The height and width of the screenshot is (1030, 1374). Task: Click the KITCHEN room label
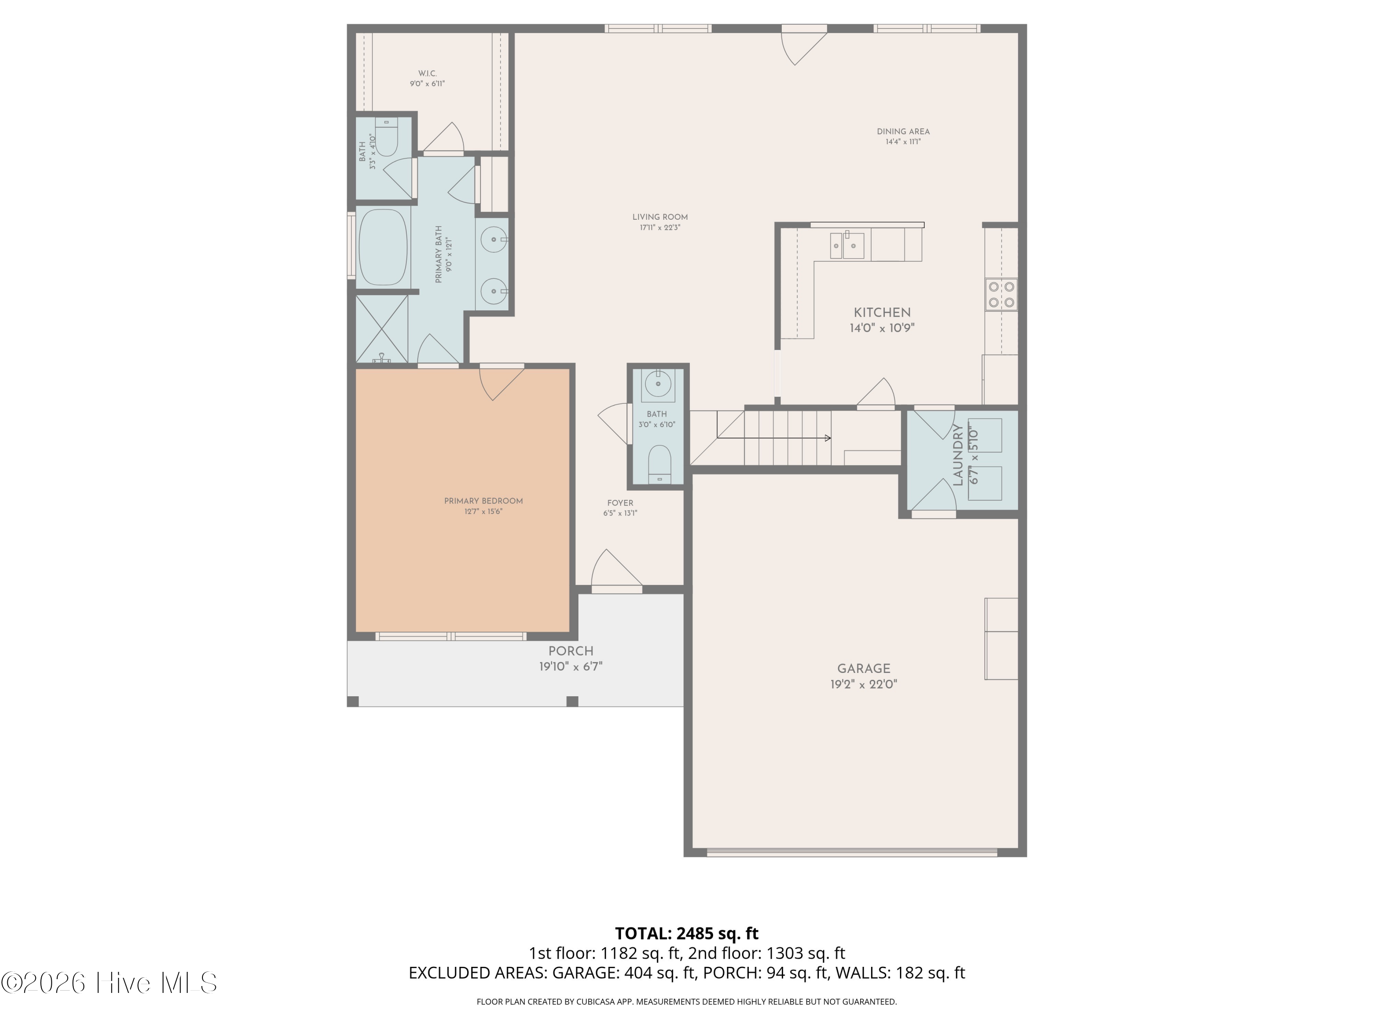(882, 313)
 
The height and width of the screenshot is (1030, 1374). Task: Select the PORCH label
(571, 651)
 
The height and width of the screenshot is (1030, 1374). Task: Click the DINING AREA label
(903, 132)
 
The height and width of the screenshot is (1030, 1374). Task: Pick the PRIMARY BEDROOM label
(483, 501)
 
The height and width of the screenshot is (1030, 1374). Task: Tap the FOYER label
(621, 503)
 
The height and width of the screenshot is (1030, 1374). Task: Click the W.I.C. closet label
(427, 74)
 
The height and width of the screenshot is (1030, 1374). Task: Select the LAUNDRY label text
(957, 455)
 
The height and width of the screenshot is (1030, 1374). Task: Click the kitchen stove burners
(1001, 295)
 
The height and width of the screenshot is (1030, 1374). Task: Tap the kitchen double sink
(847, 244)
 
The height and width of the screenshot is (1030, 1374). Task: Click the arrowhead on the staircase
(828, 439)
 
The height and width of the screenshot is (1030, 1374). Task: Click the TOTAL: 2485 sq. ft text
(687, 933)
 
